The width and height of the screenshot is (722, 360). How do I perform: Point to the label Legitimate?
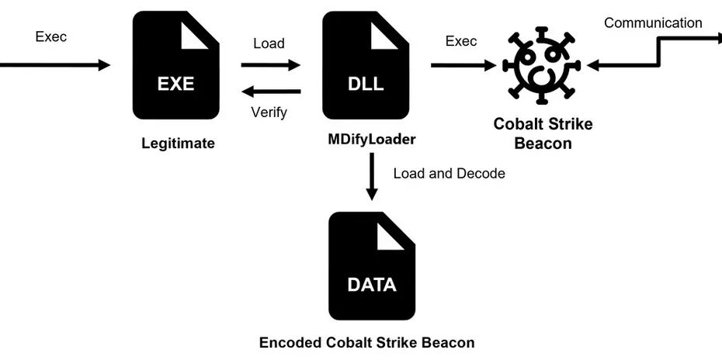click(x=178, y=143)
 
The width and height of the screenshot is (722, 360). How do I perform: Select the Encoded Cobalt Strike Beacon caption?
click(x=366, y=341)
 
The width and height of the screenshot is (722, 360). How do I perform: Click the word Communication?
click(x=652, y=22)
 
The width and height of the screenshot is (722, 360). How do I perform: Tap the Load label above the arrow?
click(x=269, y=43)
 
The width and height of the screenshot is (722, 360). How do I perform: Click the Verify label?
click(x=269, y=112)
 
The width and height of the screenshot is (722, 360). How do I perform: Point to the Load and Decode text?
click(x=449, y=173)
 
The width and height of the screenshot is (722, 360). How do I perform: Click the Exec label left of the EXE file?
click(x=51, y=36)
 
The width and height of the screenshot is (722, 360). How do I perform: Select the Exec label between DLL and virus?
click(x=461, y=41)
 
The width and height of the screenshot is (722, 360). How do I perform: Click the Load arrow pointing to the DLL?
click(x=271, y=65)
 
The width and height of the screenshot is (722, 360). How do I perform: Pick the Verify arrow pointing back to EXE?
click(x=271, y=92)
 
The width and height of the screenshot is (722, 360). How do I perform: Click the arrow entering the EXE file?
click(x=54, y=65)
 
